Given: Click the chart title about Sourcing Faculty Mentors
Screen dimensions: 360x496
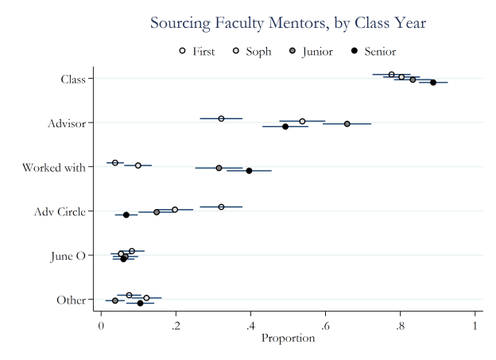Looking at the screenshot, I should [288, 23].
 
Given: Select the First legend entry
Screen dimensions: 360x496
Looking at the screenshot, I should [198, 52].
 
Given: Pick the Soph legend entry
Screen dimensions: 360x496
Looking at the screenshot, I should [252, 52].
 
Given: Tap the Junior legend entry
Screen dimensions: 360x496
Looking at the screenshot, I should [311, 52].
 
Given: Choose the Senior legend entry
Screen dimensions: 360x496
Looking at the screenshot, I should [373, 52].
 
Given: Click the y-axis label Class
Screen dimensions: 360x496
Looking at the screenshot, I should [73, 79].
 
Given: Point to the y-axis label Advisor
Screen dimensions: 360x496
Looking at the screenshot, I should [66, 123].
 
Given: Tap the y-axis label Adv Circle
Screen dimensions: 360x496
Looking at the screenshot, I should [60, 211].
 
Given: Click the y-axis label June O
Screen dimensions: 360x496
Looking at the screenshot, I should [69, 256].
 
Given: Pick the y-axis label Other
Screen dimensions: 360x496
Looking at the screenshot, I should [71, 300].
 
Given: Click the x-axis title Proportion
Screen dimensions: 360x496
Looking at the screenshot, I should [288, 339].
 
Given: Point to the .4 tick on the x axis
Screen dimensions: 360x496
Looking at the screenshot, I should [250, 324].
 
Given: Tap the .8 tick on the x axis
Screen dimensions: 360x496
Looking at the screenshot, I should [400, 324].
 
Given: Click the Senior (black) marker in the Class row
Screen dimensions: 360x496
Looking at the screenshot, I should [433, 82].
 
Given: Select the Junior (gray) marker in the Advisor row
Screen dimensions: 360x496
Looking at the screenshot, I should [347, 124].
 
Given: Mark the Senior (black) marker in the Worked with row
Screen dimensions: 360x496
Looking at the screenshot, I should [249, 171].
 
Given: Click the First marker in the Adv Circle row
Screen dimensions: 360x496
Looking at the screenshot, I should [221, 207].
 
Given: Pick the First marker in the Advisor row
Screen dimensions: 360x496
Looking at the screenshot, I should [221, 118].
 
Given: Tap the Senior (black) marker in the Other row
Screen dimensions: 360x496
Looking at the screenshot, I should [140, 303].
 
